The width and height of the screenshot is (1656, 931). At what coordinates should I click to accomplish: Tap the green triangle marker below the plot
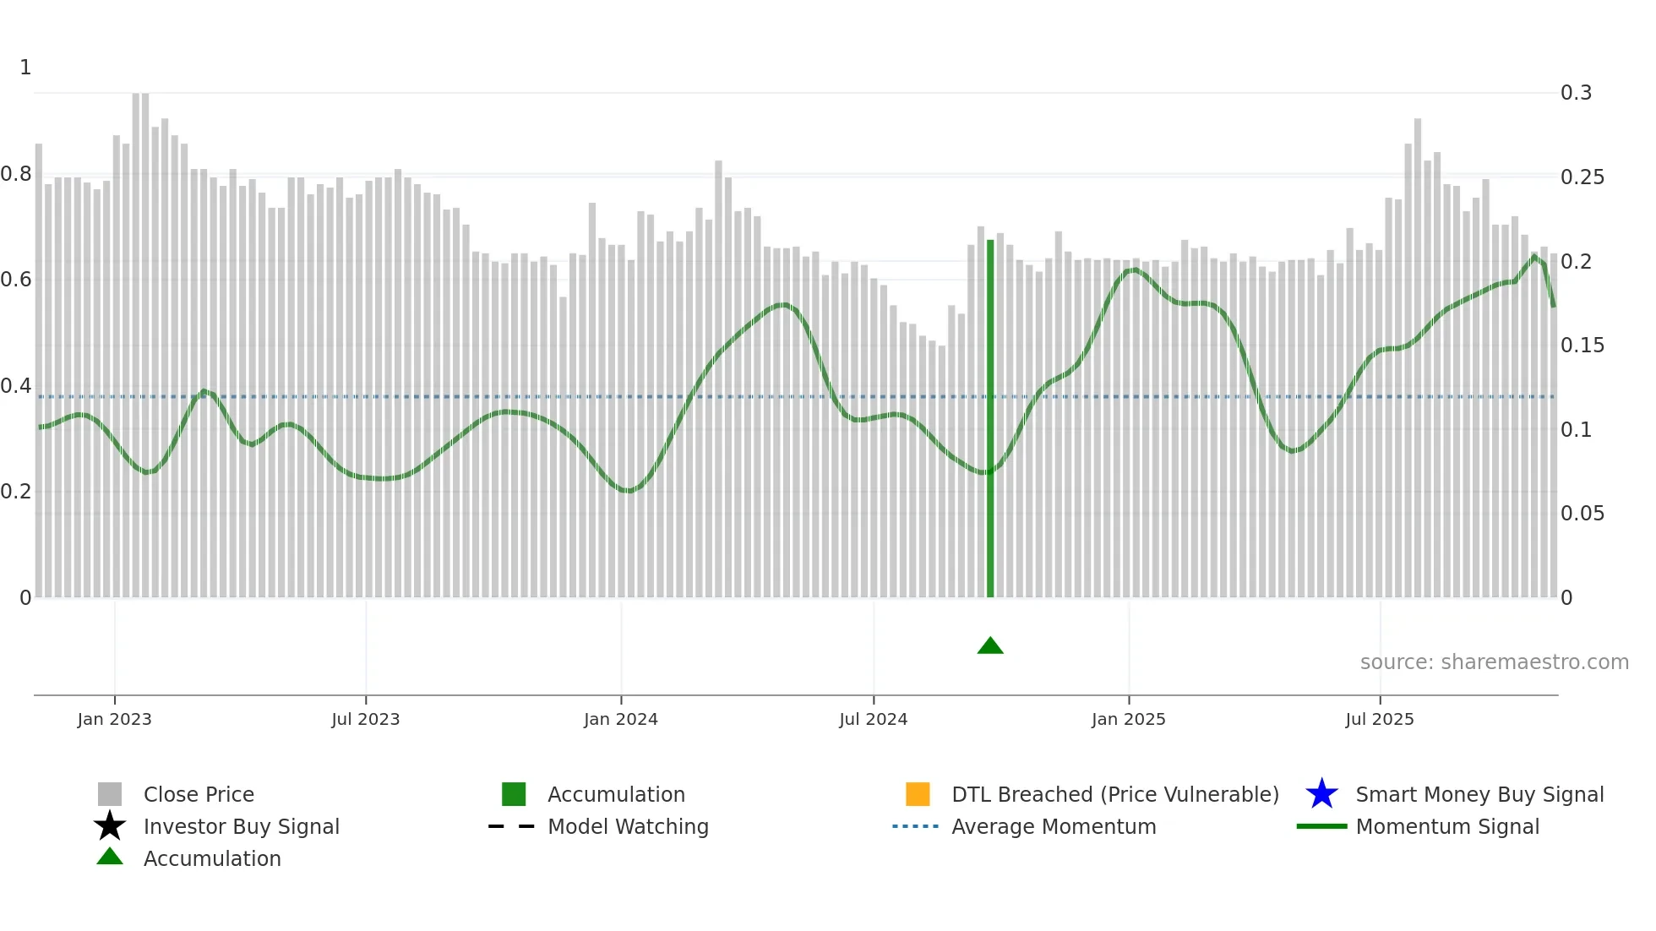tap(990, 646)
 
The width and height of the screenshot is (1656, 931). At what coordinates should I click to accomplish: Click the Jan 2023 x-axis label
tap(114, 719)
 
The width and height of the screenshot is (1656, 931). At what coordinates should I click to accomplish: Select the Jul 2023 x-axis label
tap(365, 719)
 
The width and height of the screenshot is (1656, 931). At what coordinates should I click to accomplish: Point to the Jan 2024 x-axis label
tap(620, 719)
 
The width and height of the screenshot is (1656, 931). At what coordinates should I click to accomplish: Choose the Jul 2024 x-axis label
tap(873, 719)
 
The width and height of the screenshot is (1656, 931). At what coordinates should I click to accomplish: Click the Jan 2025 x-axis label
tap(1128, 719)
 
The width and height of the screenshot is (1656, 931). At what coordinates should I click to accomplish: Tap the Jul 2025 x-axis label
tap(1379, 719)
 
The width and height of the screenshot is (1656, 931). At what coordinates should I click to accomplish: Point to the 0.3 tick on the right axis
tap(1576, 93)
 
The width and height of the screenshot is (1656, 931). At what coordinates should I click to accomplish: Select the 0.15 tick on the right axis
tap(1582, 346)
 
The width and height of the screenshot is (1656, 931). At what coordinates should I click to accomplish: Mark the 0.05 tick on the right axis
tap(1582, 514)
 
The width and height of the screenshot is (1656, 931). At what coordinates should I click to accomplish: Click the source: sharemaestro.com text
tap(1494, 662)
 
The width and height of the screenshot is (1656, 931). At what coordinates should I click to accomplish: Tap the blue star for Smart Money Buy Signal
tap(1321, 794)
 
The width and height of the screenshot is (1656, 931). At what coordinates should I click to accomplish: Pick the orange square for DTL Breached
tap(918, 794)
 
